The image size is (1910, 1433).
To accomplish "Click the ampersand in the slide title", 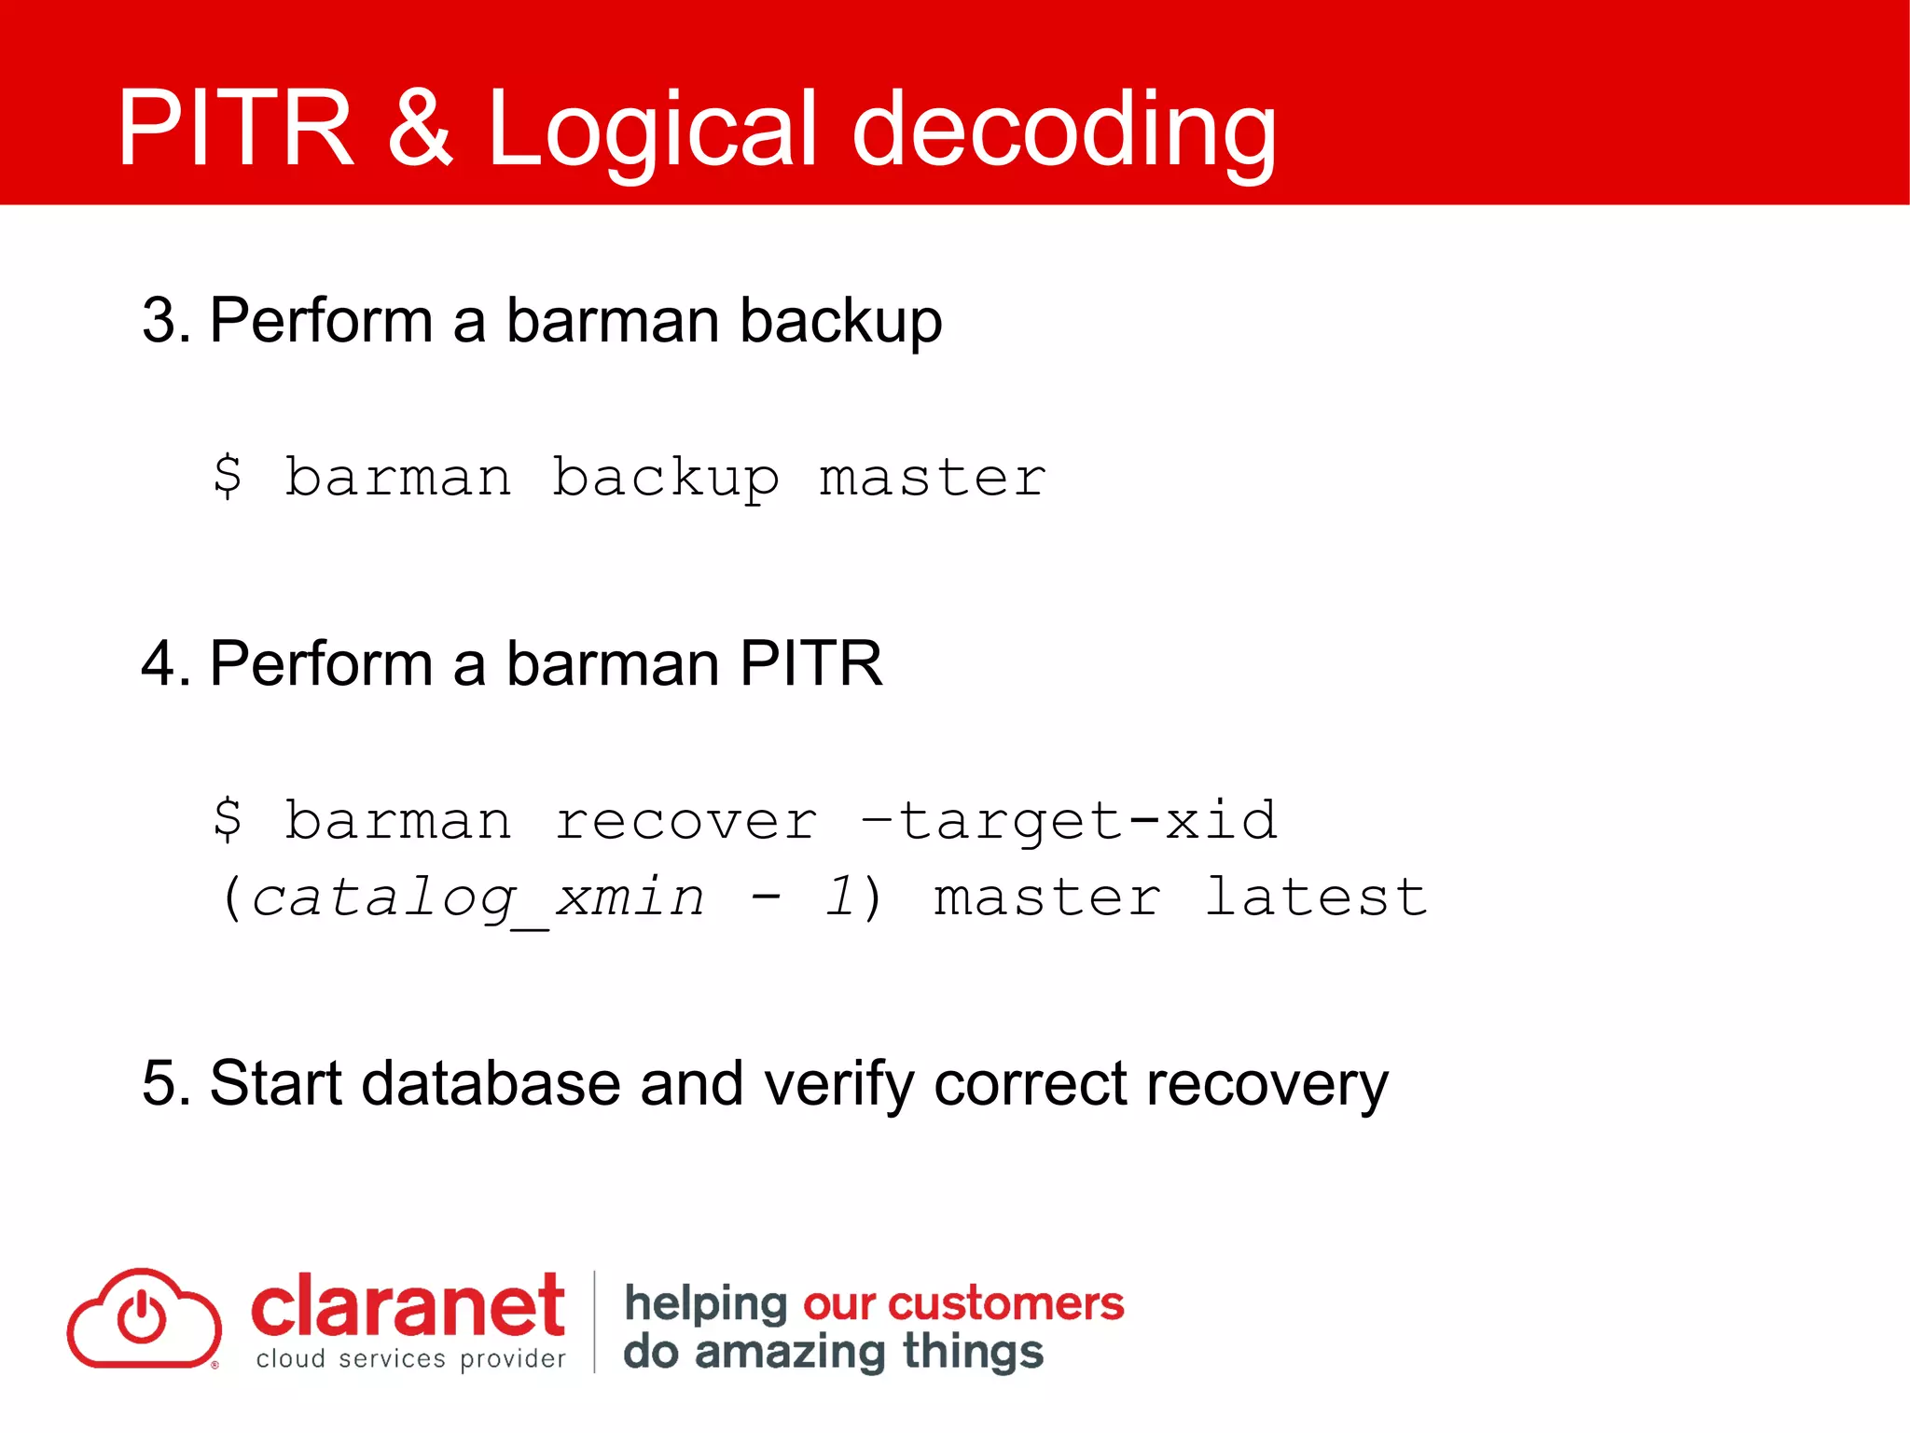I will pyautogui.click(x=420, y=128).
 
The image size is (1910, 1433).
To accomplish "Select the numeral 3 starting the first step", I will pyautogui.click(x=159, y=321).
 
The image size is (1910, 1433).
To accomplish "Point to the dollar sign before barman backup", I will pyautogui.click(x=228, y=477).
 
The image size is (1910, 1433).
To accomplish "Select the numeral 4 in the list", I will pyautogui.click(x=159, y=663).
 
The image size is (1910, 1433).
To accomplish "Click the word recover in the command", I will pyautogui.click(x=685, y=821).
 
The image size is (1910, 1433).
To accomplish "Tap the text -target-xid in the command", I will pyautogui.click(x=1069, y=821).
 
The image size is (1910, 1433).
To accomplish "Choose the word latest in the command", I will pyautogui.click(x=1315, y=897).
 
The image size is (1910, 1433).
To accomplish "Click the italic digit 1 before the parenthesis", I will pyautogui.click(x=839, y=897).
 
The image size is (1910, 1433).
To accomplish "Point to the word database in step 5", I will pyautogui.click(x=491, y=1083).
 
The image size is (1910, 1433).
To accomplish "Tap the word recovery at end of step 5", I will pyautogui.click(x=1266, y=1083).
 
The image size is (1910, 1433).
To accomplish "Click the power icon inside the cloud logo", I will pyautogui.click(x=142, y=1316).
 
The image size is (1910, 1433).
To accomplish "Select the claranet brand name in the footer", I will pyautogui.click(x=407, y=1306).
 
